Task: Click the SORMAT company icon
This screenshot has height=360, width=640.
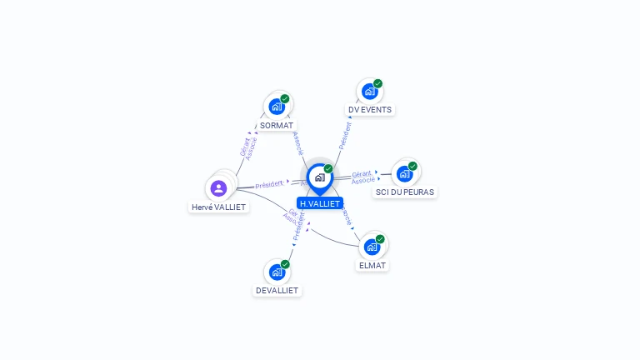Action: click(x=277, y=107)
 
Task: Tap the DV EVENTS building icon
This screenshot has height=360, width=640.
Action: click(x=369, y=91)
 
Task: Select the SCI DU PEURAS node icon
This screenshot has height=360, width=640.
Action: click(x=404, y=173)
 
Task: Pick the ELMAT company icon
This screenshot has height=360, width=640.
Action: click(x=372, y=247)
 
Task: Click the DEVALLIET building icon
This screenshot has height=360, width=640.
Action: click(x=277, y=272)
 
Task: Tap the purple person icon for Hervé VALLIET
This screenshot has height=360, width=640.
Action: click(x=218, y=187)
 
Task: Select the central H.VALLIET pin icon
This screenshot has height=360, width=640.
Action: click(x=319, y=177)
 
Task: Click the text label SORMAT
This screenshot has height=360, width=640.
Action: click(x=277, y=125)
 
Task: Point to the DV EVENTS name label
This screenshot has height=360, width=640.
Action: click(x=369, y=109)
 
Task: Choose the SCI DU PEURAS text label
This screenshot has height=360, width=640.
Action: click(x=405, y=192)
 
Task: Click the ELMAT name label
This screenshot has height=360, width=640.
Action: click(x=372, y=265)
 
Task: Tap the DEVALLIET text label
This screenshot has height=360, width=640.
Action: click(x=277, y=290)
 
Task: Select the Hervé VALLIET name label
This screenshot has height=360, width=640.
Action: click(x=219, y=207)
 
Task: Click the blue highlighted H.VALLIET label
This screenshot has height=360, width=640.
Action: click(x=320, y=203)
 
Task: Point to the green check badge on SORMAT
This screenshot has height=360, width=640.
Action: click(x=285, y=98)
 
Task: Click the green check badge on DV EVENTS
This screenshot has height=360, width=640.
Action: click(x=377, y=83)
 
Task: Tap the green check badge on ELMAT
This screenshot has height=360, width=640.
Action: click(x=380, y=239)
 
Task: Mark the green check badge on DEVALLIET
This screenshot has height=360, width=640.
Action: click(x=285, y=264)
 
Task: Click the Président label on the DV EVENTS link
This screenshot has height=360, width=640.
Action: click(x=345, y=136)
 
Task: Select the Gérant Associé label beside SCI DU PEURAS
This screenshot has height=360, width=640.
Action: click(x=362, y=177)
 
